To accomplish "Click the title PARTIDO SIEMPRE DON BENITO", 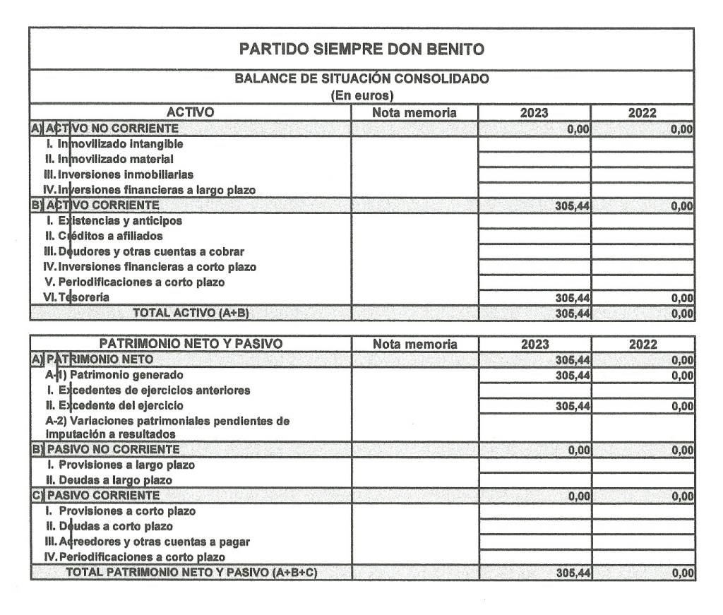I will [361, 49].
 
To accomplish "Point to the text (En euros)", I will [361, 95].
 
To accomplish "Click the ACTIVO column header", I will [190, 112].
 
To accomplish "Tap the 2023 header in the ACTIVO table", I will [534, 113].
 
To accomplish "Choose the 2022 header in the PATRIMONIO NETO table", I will [643, 345].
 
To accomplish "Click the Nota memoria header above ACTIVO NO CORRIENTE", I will [414, 113].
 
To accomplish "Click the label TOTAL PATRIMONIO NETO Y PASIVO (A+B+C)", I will [191, 573].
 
